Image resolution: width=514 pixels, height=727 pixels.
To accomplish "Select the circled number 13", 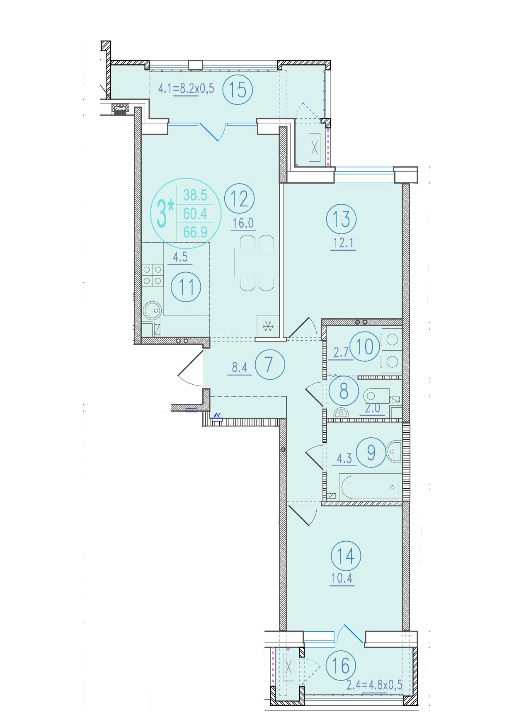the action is click(x=341, y=218).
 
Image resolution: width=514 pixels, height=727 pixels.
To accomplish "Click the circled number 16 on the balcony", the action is click(x=341, y=666).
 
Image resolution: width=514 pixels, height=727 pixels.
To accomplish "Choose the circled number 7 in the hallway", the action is click(x=270, y=365).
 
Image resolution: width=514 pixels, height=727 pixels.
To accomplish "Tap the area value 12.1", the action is click(x=342, y=243).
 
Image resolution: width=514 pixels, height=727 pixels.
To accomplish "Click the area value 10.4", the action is click(x=342, y=578).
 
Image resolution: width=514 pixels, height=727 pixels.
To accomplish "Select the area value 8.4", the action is click(x=240, y=367).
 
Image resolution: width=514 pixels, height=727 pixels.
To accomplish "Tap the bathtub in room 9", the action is click(x=369, y=487).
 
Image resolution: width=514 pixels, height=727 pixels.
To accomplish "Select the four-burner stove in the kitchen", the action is click(x=152, y=275).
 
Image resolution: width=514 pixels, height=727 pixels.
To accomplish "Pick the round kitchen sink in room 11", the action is click(x=152, y=310).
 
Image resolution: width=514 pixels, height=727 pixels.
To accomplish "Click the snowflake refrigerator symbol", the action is click(x=268, y=327).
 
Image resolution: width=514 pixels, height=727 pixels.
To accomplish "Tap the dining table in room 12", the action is click(x=255, y=263).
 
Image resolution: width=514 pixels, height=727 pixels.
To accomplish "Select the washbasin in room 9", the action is click(x=394, y=452).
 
